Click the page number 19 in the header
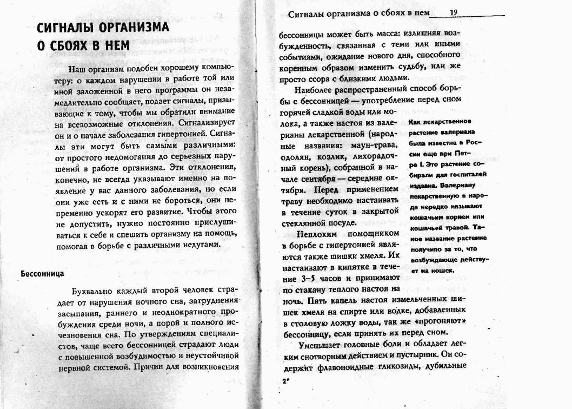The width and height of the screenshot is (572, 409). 454,12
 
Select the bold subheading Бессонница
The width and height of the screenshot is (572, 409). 43,273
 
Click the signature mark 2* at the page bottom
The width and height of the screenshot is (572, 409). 285,381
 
